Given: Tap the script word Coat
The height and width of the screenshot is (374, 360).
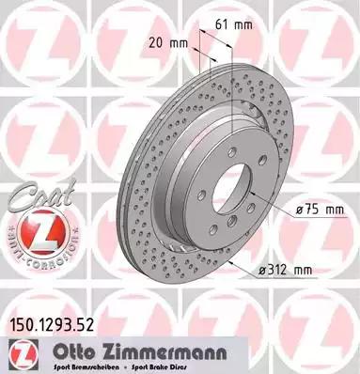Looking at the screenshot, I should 32,200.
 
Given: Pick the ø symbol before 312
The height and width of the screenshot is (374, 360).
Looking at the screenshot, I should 258,270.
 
